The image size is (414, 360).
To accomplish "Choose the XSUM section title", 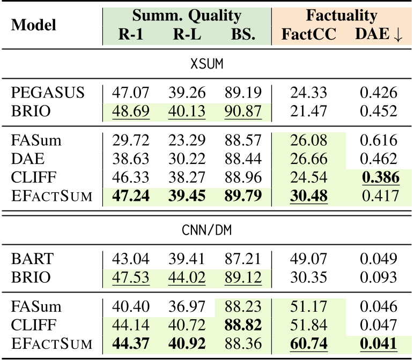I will click(x=206, y=65).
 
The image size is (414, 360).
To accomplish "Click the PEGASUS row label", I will click(x=48, y=93).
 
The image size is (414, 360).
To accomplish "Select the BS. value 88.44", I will click(x=241, y=160).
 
